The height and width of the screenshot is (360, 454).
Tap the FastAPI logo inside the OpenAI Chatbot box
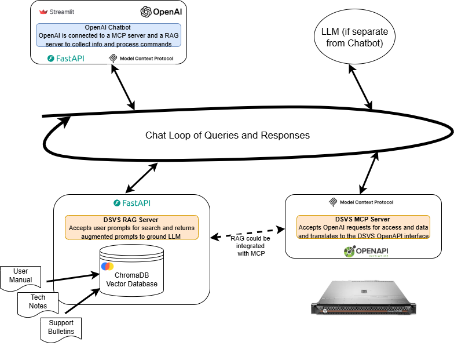click(65, 59)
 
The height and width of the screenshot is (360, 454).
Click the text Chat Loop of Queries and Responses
click(227, 135)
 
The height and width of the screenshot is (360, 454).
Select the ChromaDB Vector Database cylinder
click(131, 272)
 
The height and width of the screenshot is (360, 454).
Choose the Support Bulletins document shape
click(61, 328)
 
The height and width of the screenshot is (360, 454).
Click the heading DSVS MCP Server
click(363, 219)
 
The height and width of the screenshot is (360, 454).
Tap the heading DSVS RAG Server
click(131, 220)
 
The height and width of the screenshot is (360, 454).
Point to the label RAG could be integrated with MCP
click(250, 246)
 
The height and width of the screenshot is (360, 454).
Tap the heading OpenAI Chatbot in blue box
click(108, 27)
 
